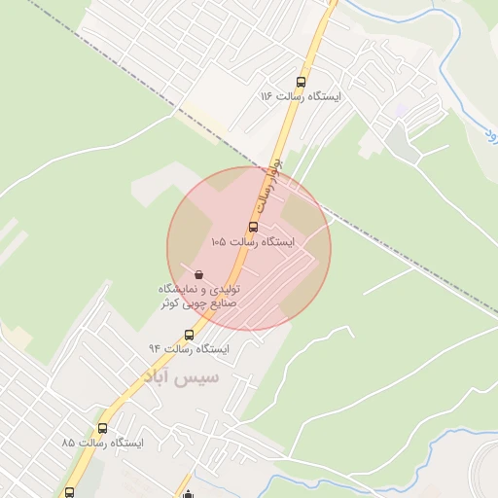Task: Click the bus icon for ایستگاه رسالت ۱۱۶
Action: (300, 83)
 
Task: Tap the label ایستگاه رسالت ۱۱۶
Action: (299, 97)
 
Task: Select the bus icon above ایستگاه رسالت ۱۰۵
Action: (253, 227)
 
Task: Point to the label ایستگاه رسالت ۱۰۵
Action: (251, 241)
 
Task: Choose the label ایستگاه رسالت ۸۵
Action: (101, 444)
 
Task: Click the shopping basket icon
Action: (199, 275)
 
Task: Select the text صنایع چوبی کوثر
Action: (199, 304)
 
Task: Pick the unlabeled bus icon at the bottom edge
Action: (69, 492)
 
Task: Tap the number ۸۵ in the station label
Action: (68, 444)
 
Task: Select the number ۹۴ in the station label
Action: (155, 348)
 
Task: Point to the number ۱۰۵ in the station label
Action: (218, 241)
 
